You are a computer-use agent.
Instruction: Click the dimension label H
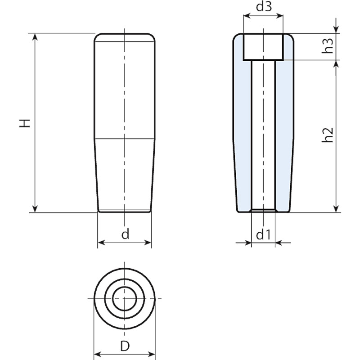pyautogui.click(x=27, y=123)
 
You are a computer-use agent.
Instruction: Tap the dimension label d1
pyautogui.click(x=263, y=234)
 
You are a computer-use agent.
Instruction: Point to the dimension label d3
pyautogui.click(x=263, y=8)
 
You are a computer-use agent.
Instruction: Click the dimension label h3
pyautogui.click(x=329, y=46)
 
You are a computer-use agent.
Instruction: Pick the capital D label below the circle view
pyautogui.click(x=125, y=346)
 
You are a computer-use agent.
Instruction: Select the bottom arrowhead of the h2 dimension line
pyautogui.click(x=336, y=208)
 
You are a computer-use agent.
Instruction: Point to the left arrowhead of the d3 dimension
pyautogui.click(x=247, y=17)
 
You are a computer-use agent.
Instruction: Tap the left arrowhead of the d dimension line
pyautogui.click(x=101, y=243)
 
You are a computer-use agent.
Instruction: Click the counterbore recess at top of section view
pyautogui.click(x=263, y=47)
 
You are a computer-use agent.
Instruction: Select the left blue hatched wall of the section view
pyautogui.click(x=243, y=135)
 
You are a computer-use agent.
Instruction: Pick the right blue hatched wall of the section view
pyautogui.click(x=284, y=135)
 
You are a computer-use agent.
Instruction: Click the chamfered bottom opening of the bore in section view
pyautogui.click(x=263, y=210)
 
